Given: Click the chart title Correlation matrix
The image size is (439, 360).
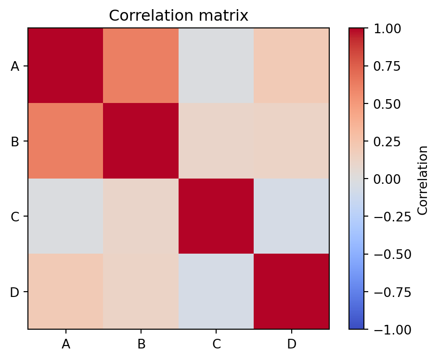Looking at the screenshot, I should (x=179, y=16).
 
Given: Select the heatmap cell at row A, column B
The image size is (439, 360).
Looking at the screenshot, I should (x=141, y=65).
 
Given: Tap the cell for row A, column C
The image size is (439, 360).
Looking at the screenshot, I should (x=216, y=65).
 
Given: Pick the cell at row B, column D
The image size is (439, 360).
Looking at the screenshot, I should (x=292, y=141).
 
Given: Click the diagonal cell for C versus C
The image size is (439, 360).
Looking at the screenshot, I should (x=216, y=216).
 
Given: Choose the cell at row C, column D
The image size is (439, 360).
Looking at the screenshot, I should (x=292, y=216).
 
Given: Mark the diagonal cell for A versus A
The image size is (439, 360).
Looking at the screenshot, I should (x=65, y=65).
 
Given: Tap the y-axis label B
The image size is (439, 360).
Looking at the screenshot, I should (x=15, y=141).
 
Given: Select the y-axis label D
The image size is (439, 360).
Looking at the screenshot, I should (x=15, y=292).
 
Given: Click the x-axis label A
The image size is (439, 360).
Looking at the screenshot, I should (x=65, y=344).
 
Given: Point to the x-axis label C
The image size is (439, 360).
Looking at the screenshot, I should (x=216, y=344).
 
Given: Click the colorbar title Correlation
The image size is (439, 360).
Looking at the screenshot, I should (x=423, y=179).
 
